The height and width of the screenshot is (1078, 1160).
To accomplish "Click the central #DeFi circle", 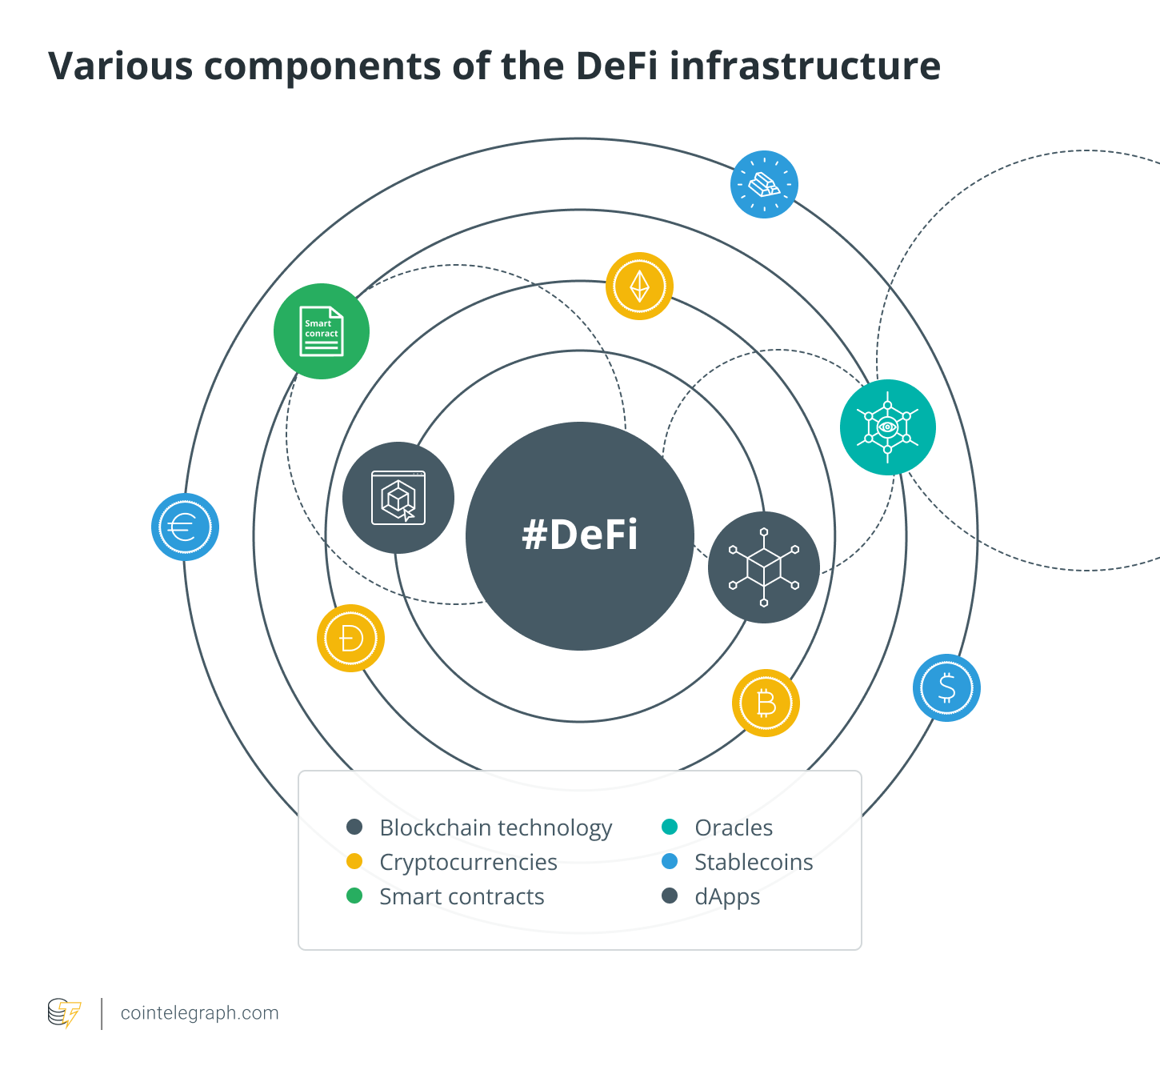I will [x=580, y=535].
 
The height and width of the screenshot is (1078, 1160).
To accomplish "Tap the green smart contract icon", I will [x=322, y=331].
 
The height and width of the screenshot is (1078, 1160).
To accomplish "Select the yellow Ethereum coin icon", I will [x=639, y=287].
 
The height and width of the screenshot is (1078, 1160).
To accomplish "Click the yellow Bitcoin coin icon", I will [x=766, y=703].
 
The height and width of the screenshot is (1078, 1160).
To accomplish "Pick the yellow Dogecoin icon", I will [x=350, y=638].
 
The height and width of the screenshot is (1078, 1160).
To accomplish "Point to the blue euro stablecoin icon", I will [x=185, y=527].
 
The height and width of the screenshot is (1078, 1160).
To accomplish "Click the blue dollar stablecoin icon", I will [x=946, y=687].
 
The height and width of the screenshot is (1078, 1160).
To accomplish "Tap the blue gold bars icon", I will [x=764, y=184].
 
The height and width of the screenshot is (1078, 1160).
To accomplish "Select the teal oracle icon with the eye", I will [x=887, y=427].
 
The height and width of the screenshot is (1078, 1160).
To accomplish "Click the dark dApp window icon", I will [x=398, y=498].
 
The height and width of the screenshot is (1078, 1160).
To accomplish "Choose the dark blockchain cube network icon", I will [x=764, y=567].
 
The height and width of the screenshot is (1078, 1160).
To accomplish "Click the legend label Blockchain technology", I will [x=495, y=828].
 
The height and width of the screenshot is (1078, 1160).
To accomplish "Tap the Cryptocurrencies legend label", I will [x=468, y=862].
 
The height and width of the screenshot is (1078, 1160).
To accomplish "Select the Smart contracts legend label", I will [x=462, y=896].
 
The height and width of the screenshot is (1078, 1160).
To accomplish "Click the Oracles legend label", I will [x=734, y=828].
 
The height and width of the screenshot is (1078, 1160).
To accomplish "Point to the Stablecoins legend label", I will [x=754, y=862].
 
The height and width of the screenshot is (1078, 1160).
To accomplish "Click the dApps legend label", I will [x=727, y=896].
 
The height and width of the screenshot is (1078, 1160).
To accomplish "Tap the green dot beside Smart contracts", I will [x=354, y=896].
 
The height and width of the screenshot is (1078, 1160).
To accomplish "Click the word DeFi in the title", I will [x=616, y=66].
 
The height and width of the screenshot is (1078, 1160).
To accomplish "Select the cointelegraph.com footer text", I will [x=199, y=1013].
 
